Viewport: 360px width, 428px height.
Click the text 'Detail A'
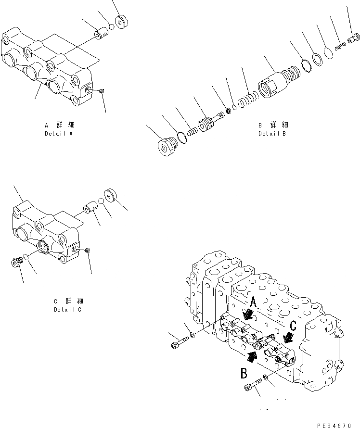[58, 133]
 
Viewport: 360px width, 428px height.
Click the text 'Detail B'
[272, 133]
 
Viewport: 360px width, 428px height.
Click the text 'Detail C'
[68, 310]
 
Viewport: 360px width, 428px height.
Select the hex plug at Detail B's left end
[166, 147]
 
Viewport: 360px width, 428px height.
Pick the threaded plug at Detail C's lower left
[16, 262]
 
